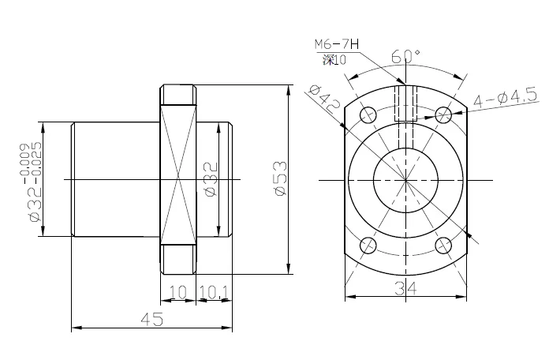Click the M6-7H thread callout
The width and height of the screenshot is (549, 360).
tap(337, 44)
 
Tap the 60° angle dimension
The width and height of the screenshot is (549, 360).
tap(405, 56)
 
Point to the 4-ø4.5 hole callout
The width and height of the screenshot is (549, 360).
tap(506, 97)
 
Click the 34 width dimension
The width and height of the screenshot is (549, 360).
tap(405, 288)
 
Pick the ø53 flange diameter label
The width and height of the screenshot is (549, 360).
tap(281, 178)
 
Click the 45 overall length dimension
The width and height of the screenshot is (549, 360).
tap(151, 319)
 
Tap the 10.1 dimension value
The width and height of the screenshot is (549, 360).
tap(214, 292)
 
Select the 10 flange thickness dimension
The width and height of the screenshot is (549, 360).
tap(177, 292)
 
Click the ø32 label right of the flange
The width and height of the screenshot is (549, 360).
tap(212, 178)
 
